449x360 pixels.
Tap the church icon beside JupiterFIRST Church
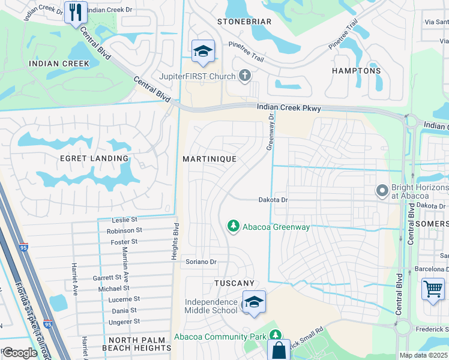point(244,76)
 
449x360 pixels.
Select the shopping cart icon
point(433,290)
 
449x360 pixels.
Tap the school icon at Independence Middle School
point(254,302)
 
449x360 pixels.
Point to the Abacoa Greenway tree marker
point(234,226)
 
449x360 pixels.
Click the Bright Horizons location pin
point(381,191)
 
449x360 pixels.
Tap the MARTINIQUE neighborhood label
point(209,158)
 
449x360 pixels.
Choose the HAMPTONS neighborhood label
point(357,71)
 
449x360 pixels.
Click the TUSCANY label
point(235,283)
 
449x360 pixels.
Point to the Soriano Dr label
point(200,262)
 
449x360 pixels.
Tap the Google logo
point(20,353)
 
